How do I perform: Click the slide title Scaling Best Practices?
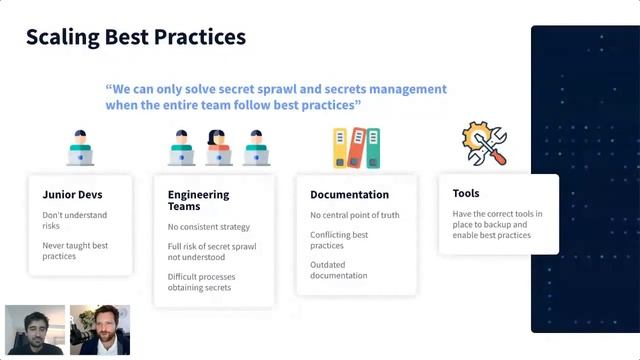click(135, 38)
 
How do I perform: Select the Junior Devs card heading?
click(72, 195)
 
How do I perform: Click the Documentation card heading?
click(349, 195)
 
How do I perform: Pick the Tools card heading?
click(465, 193)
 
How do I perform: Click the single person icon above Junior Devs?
click(81, 148)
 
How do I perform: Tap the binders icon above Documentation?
click(355, 147)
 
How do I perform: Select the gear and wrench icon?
click(483, 144)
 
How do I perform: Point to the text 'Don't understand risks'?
click(74, 221)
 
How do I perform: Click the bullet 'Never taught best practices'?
click(75, 250)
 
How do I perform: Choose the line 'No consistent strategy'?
click(208, 227)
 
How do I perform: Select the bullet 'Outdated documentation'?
click(338, 269)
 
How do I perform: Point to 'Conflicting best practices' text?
click(339, 240)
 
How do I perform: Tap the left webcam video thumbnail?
click(35, 330)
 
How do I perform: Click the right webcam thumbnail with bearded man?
click(100, 330)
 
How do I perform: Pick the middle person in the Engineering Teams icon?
click(218, 148)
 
